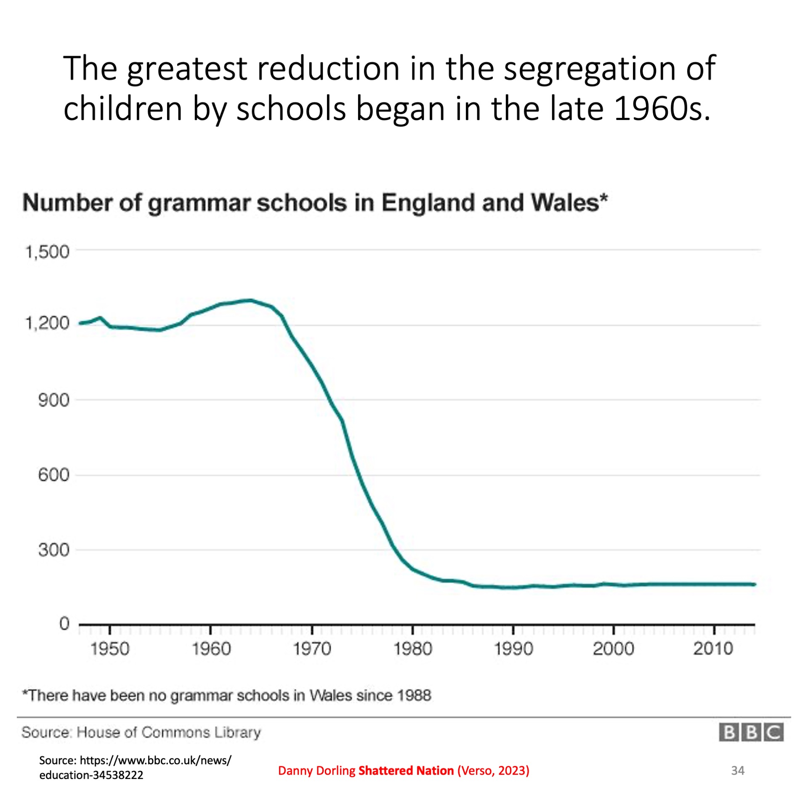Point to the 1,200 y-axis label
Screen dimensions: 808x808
[47, 323]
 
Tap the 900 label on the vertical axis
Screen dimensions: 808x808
[53, 400]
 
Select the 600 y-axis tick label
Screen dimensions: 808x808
[53, 475]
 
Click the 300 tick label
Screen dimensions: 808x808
[53, 550]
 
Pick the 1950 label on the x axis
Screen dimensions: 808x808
[110, 649]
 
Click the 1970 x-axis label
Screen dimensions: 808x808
[312, 649]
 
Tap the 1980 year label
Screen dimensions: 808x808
[413, 649]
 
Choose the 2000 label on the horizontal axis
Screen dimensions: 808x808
[614, 649]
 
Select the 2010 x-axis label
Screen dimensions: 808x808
[714, 649]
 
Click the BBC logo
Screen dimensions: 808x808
[751, 732]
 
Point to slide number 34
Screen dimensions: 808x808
[738, 771]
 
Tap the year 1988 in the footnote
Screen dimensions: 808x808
[414, 695]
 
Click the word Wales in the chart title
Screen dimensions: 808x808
[565, 203]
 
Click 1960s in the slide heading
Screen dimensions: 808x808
[662, 109]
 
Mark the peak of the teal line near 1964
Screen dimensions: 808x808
[250, 300]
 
